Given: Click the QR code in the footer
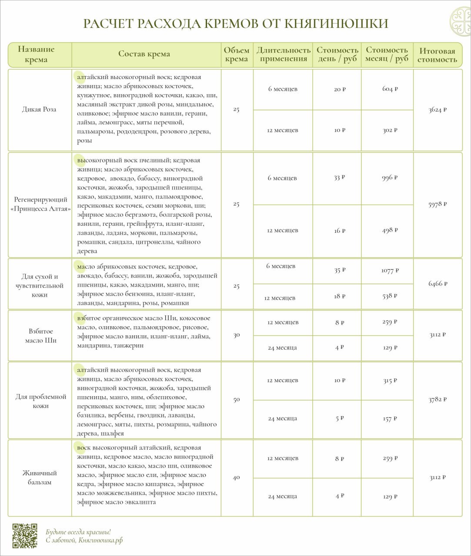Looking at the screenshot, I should pyautogui.click(x=25, y=536).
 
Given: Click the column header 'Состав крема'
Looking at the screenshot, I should pyautogui.click(x=144, y=54).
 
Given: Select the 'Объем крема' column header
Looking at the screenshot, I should pyautogui.click(x=237, y=55).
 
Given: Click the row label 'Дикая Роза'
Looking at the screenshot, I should pyautogui.click(x=39, y=109).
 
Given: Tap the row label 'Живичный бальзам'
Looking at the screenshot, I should pyautogui.click(x=40, y=477).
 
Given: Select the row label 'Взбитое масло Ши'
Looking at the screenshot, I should pyautogui.click(x=40, y=336).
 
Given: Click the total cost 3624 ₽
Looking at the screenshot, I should pyautogui.click(x=438, y=110).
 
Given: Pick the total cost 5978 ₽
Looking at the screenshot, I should pyautogui.click(x=438, y=204).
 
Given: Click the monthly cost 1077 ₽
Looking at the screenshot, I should pyautogui.click(x=390, y=271).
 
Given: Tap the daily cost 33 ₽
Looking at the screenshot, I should pyautogui.click(x=339, y=177).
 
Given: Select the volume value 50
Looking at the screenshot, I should pyautogui.click(x=237, y=400).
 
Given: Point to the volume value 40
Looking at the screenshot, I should pyautogui.click(x=237, y=477).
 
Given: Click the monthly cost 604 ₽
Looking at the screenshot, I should pyautogui.click(x=390, y=89).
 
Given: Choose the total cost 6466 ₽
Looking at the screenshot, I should pyautogui.click(x=438, y=284).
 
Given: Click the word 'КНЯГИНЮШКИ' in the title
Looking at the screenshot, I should pyautogui.click(x=336, y=23).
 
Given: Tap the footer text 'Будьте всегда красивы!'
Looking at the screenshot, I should pyautogui.click(x=78, y=532).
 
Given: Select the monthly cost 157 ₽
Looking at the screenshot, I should pyautogui.click(x=390, y=419).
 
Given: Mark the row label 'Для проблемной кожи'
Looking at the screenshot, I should pyautogui.click(x=40, y=401).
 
